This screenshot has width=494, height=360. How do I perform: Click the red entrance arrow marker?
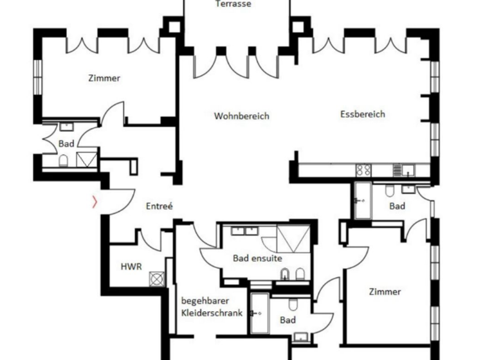click(x=95, y=203)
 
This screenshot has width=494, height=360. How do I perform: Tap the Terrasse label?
click(x=233, y=4)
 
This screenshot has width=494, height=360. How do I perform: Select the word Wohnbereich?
click(x=241, y=116)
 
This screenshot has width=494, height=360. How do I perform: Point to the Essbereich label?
click(x=362, y=114)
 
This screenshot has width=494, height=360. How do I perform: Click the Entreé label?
click(x=160, y=206)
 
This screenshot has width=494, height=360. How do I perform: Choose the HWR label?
click(x=131, y=266)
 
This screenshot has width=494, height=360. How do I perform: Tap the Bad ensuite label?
click(x=257, y=258)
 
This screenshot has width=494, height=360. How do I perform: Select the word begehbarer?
click(x=205, y=300)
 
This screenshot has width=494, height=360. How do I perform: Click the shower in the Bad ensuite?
click(x=293, y=238)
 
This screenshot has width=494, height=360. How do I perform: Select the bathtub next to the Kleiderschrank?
click(x=259, y=313)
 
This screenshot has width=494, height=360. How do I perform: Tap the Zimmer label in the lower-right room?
click(x=385, y=292)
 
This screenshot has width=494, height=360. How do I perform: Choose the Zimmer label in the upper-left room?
click(x=104, y=78)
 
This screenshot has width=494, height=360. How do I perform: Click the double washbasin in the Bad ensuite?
click(x=243, y=230)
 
